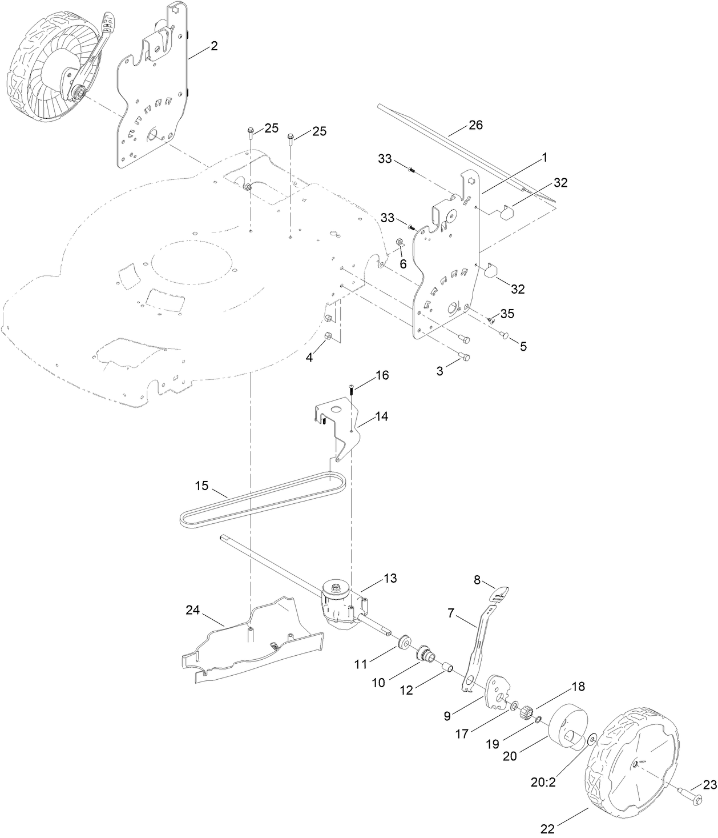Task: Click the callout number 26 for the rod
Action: tap(475, 125)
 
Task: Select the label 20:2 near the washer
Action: tap(543, 781)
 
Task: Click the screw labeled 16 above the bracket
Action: tap(352, 390)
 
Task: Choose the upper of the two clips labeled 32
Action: tap(506, 212)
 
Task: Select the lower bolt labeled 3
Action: tap(465, 357)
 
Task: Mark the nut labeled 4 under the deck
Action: tap(329, 336)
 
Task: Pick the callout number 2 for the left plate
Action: tap(213, 46)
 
